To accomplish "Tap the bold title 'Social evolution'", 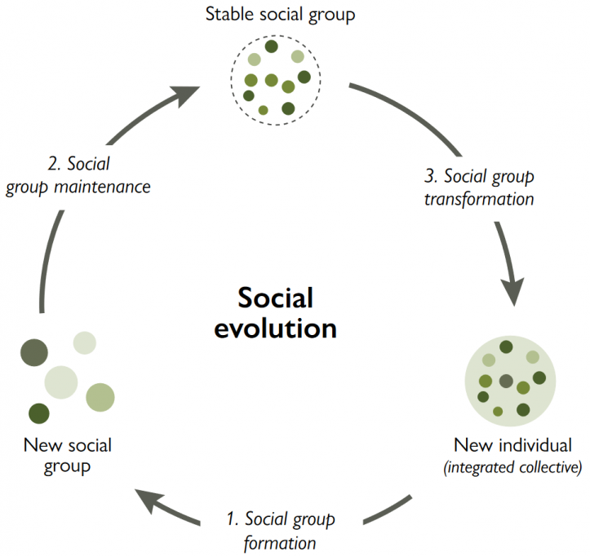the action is [275, 313].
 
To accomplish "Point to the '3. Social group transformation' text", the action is [478, 187].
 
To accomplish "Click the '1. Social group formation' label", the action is [280, 530].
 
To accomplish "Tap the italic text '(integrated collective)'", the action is [512, 467].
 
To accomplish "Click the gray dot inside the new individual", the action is [506, 381].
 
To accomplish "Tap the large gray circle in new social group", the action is [34, 352].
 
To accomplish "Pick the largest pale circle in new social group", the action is [60, 382].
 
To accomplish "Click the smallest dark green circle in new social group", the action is [38, 413].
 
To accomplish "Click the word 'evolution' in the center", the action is [275, 329].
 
